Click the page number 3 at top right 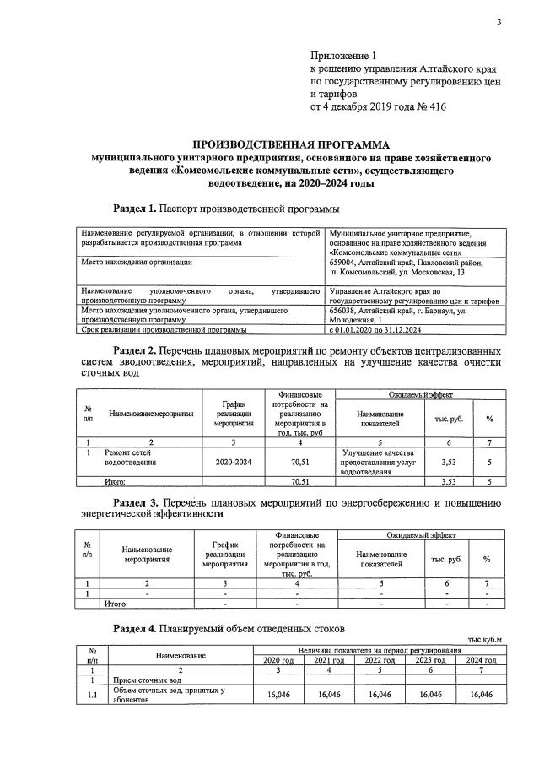(499, 23)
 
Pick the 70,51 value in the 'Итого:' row (300, 481)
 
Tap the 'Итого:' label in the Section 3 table (115, 604)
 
